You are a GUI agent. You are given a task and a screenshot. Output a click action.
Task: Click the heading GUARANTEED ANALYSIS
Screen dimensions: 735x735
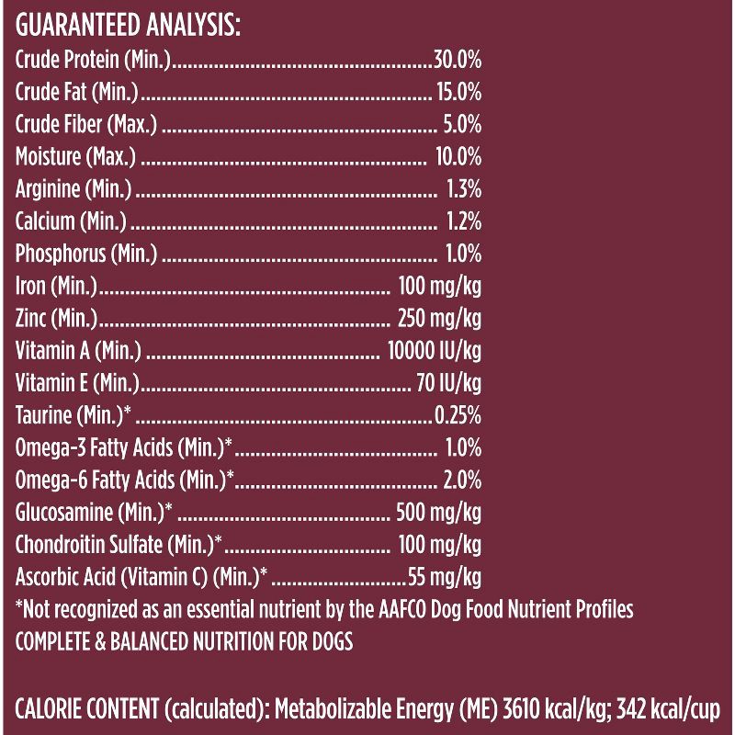(x=128, y=26)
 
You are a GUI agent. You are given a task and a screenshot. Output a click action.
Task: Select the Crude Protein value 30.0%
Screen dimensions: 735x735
(x=458, y=61)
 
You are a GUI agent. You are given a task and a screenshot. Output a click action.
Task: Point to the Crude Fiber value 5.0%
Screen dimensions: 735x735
(x=463, y=125)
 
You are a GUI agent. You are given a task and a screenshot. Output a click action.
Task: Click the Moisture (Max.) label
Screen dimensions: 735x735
(x=75, y=157)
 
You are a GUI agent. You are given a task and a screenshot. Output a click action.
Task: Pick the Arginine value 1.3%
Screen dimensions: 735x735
(x=464, y=189)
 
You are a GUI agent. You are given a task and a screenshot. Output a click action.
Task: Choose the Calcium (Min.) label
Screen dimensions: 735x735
(x=72, y=221)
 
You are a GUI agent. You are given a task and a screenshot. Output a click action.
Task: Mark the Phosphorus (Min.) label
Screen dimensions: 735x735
(x=86, y=254)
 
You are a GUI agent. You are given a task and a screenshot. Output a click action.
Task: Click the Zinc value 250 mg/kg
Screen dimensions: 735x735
(x=439, y=319)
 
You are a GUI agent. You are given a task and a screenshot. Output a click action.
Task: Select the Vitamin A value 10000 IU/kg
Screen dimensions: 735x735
(x=435, y=351)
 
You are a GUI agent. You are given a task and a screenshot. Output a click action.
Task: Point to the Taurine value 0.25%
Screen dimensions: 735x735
(x=458, y=415)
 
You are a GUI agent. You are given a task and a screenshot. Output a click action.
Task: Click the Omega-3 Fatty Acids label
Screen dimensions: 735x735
(x=123, y=448)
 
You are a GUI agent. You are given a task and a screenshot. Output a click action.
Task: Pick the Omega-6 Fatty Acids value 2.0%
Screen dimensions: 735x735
(x=462, y=481)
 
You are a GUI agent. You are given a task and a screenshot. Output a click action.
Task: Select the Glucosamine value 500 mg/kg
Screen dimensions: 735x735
(x=438, y=513)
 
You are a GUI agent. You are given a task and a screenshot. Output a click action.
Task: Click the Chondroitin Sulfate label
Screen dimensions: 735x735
(x=119, y=545)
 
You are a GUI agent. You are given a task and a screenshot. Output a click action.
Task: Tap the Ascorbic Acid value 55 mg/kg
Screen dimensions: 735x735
(x=445, y=577)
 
